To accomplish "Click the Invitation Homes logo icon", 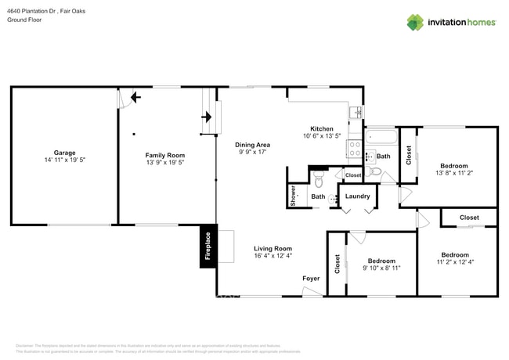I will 414,22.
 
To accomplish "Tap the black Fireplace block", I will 208,247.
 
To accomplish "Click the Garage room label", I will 64,154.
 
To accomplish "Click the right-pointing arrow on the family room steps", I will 207,118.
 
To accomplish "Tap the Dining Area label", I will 253,145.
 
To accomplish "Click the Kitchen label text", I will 322,129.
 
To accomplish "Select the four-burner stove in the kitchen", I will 355,149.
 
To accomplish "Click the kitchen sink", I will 355,113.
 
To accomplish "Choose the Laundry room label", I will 357,196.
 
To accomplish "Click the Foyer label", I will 311,279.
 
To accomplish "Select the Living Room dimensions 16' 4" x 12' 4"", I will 273,256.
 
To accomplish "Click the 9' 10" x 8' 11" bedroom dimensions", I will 381,268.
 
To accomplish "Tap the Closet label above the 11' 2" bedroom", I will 469,218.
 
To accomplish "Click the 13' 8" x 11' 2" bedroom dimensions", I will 453,175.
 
